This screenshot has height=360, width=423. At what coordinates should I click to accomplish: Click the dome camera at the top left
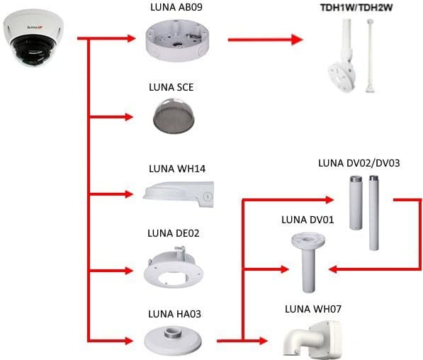[33, 38]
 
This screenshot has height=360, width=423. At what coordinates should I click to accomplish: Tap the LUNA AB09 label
[176, 7]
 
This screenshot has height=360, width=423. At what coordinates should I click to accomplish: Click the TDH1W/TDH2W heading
[356, 8]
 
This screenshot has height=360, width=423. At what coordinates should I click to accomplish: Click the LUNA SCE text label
[171, 87]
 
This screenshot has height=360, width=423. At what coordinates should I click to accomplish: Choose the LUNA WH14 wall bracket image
[179, 194]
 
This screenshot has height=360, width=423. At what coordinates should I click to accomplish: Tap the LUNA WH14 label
[177, 169]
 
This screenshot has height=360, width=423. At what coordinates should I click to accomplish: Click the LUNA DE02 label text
[174, 233]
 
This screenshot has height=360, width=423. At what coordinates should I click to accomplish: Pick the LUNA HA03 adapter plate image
[173, 339]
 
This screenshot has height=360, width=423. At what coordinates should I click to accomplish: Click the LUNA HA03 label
[174, 314]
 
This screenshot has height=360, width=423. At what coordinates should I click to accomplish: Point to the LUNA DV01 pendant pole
[308, 262]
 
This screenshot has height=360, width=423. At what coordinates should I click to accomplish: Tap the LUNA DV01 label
[308, 220]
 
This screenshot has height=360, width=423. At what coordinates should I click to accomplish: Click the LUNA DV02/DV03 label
[359, 163]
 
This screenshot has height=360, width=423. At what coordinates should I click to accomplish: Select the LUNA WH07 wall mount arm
[313, 339]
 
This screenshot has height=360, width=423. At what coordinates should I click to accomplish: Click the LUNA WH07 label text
[313, 309]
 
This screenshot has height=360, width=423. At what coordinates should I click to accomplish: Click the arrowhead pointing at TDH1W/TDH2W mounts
[297, 40]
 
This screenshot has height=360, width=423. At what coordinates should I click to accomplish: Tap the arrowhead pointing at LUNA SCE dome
[129, 117]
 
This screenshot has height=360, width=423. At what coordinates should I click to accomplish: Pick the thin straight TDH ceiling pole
[370, 55]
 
